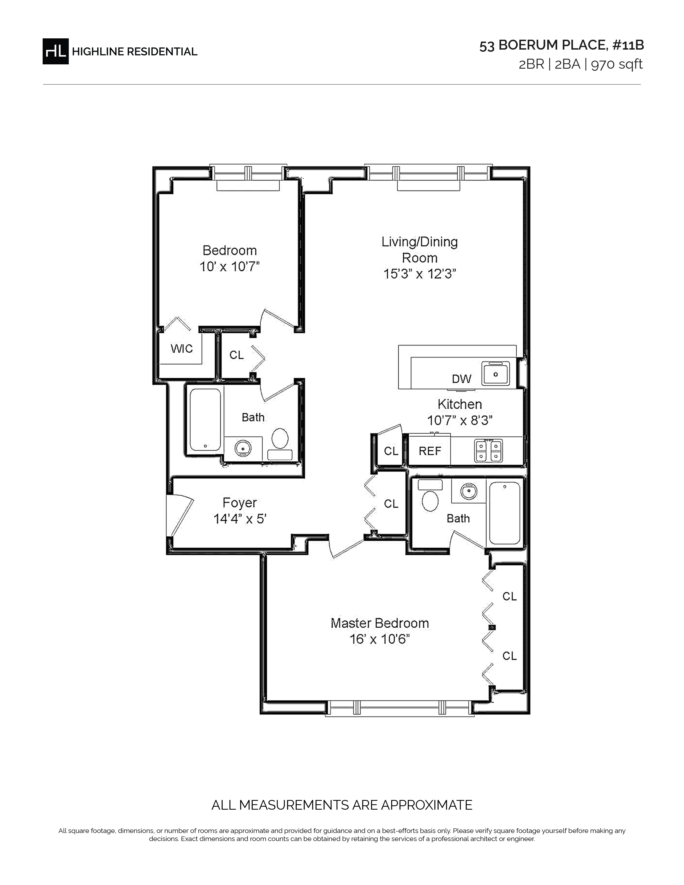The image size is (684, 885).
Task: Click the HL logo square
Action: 56,51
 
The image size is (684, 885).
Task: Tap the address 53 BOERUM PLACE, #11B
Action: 562,45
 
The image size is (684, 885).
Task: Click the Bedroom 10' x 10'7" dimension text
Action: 229,267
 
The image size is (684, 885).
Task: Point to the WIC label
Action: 182,348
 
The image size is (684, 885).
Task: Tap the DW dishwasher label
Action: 462,379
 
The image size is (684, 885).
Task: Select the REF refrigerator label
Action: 430,451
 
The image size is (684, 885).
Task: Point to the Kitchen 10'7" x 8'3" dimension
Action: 460,421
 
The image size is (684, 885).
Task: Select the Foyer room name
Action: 240,503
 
